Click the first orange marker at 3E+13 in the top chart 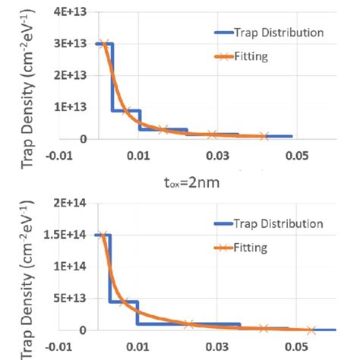[104, 43]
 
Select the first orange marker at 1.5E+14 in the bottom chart [104, 235]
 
